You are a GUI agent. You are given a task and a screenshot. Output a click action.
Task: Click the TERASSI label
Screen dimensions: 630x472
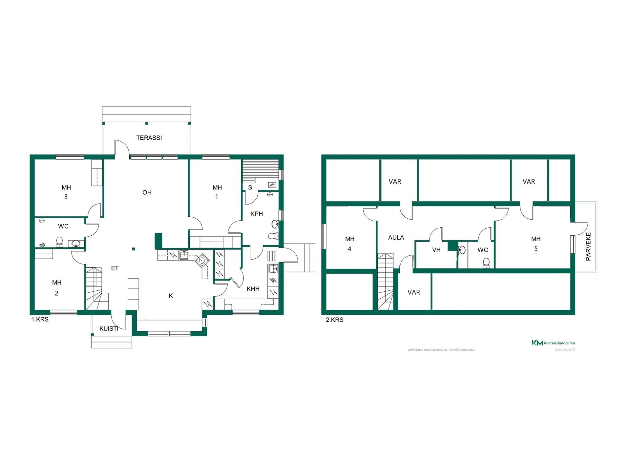(149, 138)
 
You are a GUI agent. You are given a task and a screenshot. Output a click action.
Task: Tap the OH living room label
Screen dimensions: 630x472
(147, 192)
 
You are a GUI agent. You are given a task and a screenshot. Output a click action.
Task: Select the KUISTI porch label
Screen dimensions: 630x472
(109, 328)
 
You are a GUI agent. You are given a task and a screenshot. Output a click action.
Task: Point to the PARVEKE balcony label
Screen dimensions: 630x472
(588, 247)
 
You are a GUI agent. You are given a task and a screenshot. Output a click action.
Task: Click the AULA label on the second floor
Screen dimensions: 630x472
(396, 238)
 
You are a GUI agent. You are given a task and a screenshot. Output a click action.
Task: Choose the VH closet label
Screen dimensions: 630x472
(436, 250)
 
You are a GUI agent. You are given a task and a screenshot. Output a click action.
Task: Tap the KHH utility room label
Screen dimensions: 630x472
(253, 289)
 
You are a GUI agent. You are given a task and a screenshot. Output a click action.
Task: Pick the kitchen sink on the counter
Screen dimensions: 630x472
(184, 255)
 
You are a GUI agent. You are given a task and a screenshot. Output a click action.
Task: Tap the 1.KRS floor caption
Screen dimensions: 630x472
(40, 319)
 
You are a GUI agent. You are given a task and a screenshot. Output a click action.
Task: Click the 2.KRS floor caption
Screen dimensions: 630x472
(334, 320)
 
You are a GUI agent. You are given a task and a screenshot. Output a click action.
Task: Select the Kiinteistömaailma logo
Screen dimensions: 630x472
(553, 343)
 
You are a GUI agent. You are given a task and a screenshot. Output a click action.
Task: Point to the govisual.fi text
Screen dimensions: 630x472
(565, 349)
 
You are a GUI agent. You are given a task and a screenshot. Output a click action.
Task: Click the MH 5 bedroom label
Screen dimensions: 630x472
(536, 244)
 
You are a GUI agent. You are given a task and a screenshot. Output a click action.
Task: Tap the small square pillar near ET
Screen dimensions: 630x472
(134, 249)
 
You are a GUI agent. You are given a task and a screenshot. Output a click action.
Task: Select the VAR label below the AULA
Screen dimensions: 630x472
(414, 292)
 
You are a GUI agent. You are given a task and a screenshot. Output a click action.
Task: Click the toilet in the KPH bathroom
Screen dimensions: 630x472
(273, 236)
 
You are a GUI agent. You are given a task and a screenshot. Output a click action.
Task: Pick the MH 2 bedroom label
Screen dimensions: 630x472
(57, 288)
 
